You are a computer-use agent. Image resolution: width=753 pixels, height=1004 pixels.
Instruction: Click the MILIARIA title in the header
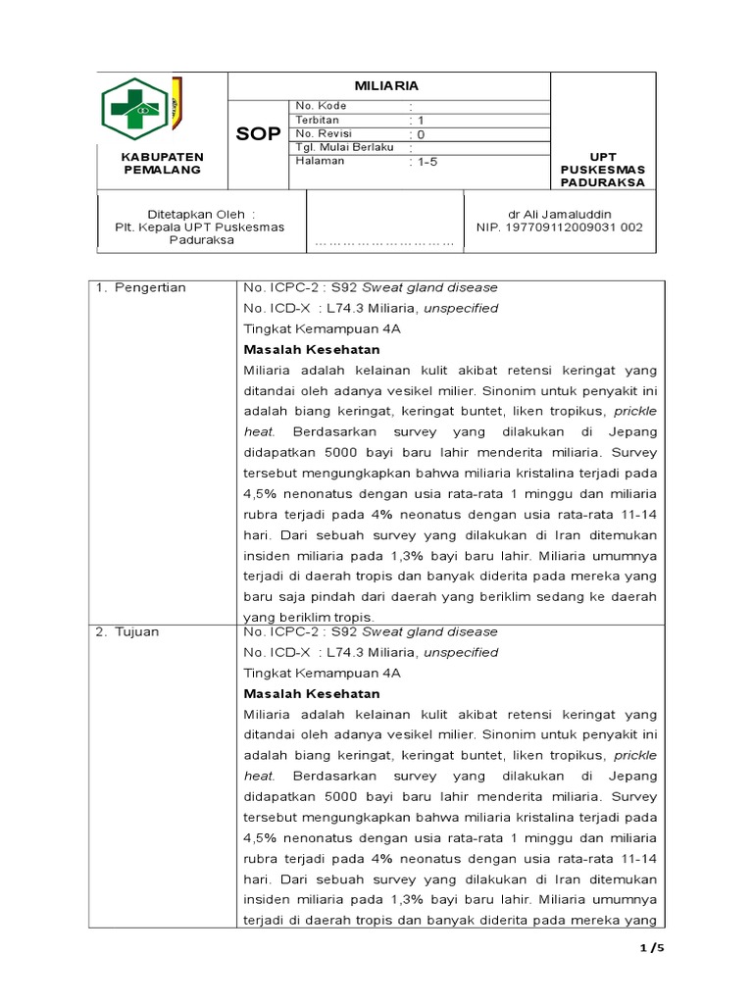388,86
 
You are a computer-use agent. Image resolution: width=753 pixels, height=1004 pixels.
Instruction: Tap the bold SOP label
259,134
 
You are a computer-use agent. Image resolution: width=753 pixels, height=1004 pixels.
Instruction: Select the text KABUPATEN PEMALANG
162,163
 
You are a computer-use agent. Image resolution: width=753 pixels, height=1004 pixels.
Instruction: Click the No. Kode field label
320,106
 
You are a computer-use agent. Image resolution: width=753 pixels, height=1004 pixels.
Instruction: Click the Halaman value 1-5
424,162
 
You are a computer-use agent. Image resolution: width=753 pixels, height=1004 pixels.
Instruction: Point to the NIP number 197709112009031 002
560,226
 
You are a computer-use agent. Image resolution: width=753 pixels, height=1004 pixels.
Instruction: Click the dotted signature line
384,241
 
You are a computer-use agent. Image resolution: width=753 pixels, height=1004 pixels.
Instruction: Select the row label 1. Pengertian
141,287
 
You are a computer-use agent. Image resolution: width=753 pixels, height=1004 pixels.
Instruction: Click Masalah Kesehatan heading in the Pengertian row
311,349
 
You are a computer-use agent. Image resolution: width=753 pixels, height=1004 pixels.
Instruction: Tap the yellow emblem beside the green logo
176,101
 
